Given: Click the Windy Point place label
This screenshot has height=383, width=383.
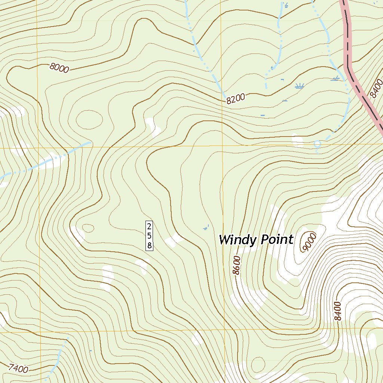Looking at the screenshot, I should coord(256,239).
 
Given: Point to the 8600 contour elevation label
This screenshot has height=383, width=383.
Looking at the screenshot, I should coord(237,265).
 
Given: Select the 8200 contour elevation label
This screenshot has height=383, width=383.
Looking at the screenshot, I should coord(235,99).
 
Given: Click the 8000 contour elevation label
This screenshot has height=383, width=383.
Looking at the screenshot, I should coord(59,68).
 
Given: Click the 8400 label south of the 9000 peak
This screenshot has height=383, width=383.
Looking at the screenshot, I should coord(338,311).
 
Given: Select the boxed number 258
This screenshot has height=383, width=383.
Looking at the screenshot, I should coord(149,236).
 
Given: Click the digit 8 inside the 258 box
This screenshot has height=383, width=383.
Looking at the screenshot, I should coord(149,245).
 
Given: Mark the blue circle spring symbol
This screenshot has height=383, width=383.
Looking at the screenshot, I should coord(317,144).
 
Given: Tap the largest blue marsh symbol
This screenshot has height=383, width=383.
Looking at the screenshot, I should coord(298,86).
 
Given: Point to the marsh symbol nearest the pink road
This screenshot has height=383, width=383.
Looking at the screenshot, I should coord(335,79).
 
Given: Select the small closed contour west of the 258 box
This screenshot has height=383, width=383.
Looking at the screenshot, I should coord(88,227).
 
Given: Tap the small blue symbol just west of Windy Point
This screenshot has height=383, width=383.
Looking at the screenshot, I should coord(205,227).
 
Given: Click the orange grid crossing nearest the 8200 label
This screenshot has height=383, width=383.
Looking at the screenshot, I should coord(223,147).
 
